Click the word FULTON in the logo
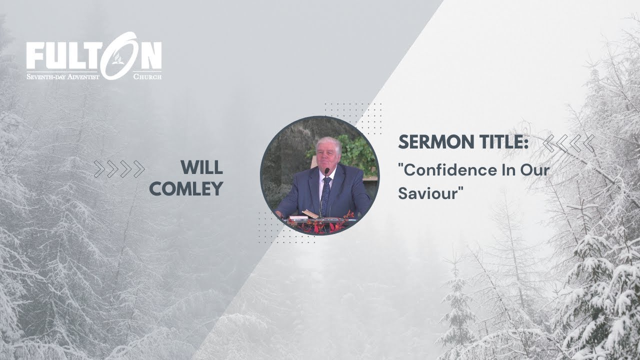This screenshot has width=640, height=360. (x=94, y=56)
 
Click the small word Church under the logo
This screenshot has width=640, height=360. (x=147, y=76)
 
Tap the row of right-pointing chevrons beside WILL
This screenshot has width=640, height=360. (x=119, y=169)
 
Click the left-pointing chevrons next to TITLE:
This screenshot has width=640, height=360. (x=568, y=143)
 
